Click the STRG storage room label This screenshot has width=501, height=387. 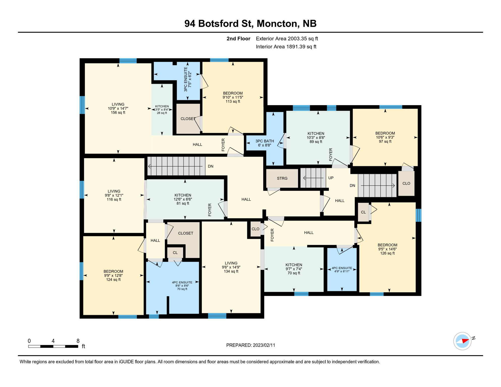(x=282, y=178)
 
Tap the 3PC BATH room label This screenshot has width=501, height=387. (x=264, y=141)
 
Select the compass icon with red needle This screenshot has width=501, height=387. (x=462, y=341)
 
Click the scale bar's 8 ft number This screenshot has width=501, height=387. (x=78, y=341)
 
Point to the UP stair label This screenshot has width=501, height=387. (x=331, y=178)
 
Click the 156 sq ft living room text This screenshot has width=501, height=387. (x=118, y=113)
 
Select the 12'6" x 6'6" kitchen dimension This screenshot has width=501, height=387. (x=183, y=199)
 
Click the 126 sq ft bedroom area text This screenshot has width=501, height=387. (x=387, y=253)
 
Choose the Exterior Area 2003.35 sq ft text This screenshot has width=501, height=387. (x=287, y=39)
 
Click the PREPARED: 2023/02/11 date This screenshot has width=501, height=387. (x=250, y=345)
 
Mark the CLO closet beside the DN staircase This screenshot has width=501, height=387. (x=406, y=183)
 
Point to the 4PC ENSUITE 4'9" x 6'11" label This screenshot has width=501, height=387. (x=342, y=270)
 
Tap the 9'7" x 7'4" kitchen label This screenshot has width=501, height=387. (x=294, y=269)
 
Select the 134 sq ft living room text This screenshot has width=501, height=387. (x=231, y=271)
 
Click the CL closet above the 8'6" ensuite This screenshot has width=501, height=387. (x=175, y=253)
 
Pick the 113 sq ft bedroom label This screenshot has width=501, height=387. (x=233, y=102)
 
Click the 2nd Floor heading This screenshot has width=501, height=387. (x=238, y=39)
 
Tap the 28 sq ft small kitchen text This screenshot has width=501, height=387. (x=162, y=113)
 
